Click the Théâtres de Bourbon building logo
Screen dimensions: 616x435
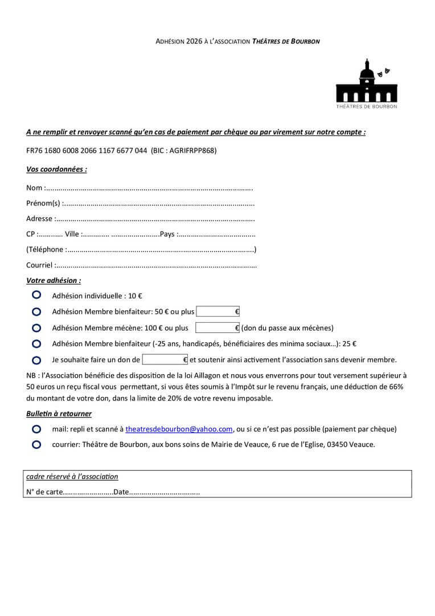(367, 83)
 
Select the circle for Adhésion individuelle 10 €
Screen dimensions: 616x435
(36, 295)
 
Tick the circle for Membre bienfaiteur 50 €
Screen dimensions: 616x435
(36, 311)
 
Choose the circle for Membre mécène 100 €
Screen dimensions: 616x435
(36, 328)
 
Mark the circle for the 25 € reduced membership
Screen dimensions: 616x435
(36, 344)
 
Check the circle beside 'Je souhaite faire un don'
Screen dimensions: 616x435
(36, 360)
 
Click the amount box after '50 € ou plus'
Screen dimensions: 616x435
(217, 311)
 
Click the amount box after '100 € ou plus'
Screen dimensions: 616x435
(217, 327)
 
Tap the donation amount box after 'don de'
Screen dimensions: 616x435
(165, 359)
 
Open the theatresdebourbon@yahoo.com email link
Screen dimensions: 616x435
(179, 429)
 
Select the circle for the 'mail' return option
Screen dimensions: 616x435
(36, 429)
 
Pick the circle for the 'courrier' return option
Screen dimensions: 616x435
(36, 444)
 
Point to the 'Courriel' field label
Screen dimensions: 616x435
(39, 265)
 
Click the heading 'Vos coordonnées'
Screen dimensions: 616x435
(56, 169)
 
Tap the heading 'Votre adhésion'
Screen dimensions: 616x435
(54, 281)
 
